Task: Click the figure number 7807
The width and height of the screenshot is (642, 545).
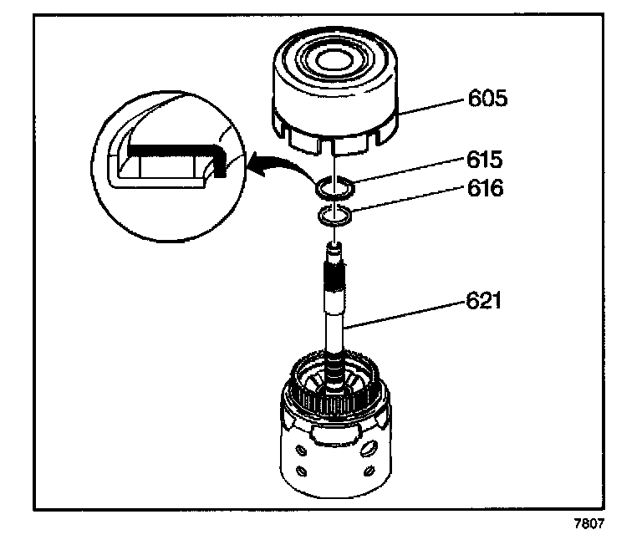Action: [588, 524]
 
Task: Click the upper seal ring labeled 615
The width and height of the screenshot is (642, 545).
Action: [334, 190]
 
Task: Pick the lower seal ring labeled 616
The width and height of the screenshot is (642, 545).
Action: [335, 217]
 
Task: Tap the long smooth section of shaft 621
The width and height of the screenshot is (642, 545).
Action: [338, 318]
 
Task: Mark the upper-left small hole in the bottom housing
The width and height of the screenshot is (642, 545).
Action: [292, 443]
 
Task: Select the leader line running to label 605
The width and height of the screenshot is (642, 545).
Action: [431, 105]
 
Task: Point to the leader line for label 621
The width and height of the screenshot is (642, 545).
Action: [409, 308]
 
